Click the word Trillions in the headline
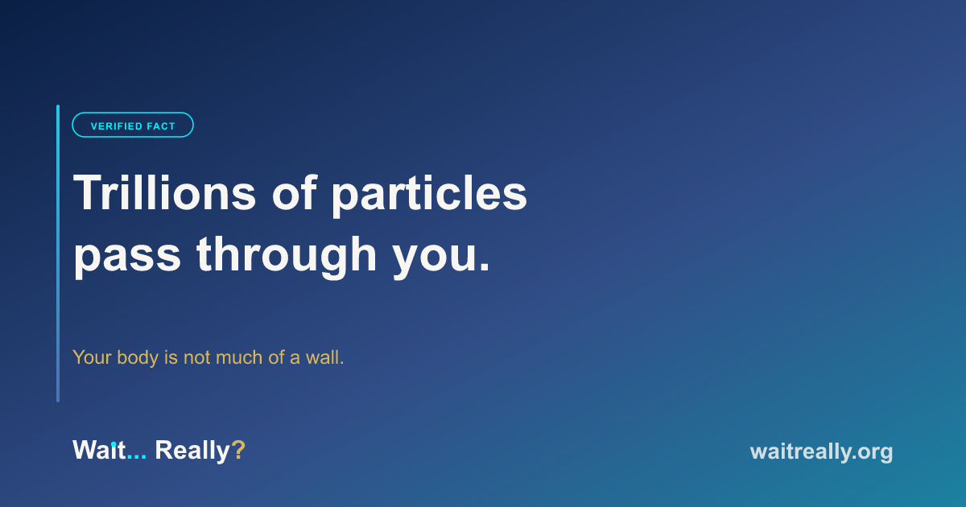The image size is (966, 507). pos(165,192)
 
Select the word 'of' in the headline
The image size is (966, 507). pos(295,192)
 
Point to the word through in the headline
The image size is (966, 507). pos(287,255)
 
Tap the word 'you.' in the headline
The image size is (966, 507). pos(441,258)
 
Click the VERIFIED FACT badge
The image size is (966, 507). pos(133,125)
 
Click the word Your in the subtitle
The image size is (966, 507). pos(92,357)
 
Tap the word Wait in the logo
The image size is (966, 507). pos(99,450)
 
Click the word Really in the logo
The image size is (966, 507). pos(192,451)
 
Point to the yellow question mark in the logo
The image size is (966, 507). pos(238,450)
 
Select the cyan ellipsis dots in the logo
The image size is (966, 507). pos(137,457)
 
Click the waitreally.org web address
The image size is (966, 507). pos(822,452)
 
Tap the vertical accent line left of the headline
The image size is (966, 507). pos(58,253)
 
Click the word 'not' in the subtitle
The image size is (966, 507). pos(197,358)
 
